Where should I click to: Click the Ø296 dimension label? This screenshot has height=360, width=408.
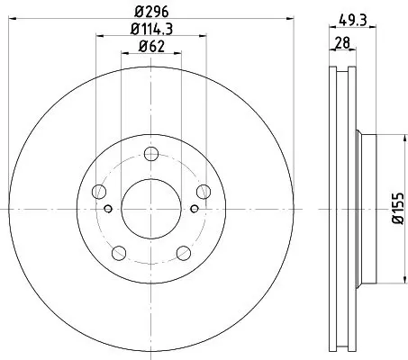tap(151, 12)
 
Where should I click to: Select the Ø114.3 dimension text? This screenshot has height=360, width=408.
tap(151, 29)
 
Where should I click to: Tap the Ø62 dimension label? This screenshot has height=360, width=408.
tap(151, 47)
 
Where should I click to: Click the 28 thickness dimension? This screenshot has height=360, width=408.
tap(342, 42)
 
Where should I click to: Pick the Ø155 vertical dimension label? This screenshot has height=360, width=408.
tap(398, 209)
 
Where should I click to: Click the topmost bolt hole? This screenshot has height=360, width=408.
tap(151, 154)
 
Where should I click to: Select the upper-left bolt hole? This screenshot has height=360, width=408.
tap(99, 192)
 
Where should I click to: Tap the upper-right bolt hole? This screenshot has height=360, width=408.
tap(204, 192)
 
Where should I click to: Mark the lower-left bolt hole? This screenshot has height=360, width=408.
tap(119, 253)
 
